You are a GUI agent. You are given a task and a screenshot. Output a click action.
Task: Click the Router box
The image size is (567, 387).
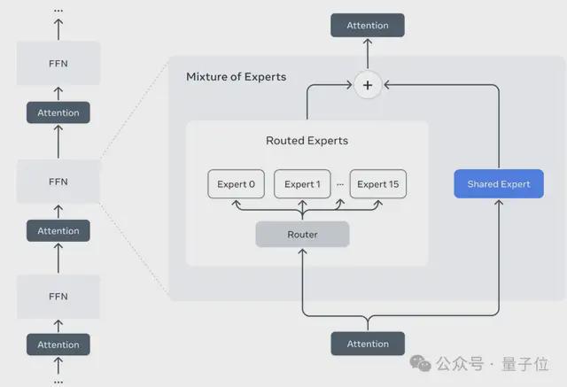pyautogui.click(x=302, y=235)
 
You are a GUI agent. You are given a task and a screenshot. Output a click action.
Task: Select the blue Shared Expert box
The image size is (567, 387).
pyautogui.click(x=498, y=184)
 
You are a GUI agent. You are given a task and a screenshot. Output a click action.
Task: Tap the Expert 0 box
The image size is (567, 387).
pyautogui.click(x=236, y=184)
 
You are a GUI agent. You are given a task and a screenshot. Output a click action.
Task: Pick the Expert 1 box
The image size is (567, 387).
pyautogui.click(x=302, y=184)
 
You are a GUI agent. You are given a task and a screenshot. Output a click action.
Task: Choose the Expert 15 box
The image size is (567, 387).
pyautogui.click(x=378, y=184)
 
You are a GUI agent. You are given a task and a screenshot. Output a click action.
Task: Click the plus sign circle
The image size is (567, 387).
pyautogui.click(x=367, y=86)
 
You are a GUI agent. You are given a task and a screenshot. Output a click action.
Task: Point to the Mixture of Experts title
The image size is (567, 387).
pyautogui.click(x=236, y=77)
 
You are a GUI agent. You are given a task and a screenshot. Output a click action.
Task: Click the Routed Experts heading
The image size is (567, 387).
pyautogui.click(x=307, y=141)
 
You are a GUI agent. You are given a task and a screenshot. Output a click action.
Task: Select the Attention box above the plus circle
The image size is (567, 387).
pyautogui.click(x=367, y=26)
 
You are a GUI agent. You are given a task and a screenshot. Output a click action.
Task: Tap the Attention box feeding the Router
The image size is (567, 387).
pyautogui.click(x=367, y=344)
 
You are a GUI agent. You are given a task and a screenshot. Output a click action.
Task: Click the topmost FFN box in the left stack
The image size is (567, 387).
pyautogui.click(x=58, y=64)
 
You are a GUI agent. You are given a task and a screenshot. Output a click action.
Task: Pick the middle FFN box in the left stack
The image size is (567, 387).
pyautogui.click(x=58, y=182)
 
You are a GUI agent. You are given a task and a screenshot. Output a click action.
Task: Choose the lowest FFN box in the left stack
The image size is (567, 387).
pyautogui.click(x=58, y=297)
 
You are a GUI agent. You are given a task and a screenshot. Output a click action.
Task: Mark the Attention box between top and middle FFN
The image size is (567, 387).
pyautogui.click(x=58, y=112)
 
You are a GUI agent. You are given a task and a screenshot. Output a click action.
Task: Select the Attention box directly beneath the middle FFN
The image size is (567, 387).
pyautogui.click(x=58, y=231)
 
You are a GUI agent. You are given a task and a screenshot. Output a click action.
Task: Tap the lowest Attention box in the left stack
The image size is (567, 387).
pyautogui.click(x=58, y=344)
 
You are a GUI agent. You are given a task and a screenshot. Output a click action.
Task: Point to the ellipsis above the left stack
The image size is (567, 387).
pyautogui.click(x=58, y=10)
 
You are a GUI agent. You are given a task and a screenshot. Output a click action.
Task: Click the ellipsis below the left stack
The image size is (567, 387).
pyautogui.click(x=58, y=381)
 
